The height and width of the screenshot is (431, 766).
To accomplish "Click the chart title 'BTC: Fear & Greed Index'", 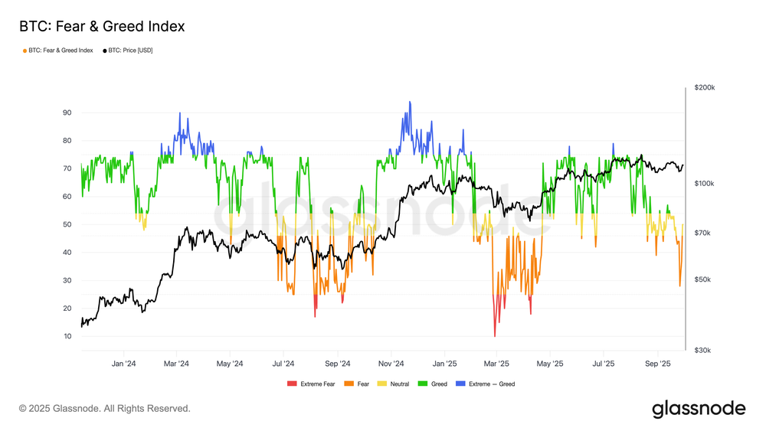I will click(102, 27).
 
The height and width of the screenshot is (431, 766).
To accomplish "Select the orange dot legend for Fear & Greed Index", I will click(25, 51).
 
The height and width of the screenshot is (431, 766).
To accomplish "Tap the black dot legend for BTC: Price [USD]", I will click(105, 51).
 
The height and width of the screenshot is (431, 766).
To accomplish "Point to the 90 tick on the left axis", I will click(67, 113).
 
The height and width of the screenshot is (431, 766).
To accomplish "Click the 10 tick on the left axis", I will click(67, 336).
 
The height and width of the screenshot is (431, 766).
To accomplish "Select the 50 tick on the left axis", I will click(67, 224).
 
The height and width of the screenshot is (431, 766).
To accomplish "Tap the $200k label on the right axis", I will click(704, 88).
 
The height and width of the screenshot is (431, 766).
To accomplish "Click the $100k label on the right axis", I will click(704, 184).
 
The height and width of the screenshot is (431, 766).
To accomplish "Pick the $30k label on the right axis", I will click(704, 350).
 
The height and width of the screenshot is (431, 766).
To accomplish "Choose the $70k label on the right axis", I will click(704, 233).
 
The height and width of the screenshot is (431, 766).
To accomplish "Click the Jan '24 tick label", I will click(124, 364).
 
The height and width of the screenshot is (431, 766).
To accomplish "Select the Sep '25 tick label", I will click(658, 364).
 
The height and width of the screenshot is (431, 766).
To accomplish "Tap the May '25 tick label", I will click(551, 364).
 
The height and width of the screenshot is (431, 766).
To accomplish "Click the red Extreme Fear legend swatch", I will click(291, 384).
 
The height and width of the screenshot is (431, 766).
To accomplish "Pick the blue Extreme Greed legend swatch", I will click(460, 384).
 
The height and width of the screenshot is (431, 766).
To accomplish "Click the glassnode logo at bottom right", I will click(699, 409).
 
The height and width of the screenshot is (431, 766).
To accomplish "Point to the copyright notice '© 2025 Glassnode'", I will click(105, 409).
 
